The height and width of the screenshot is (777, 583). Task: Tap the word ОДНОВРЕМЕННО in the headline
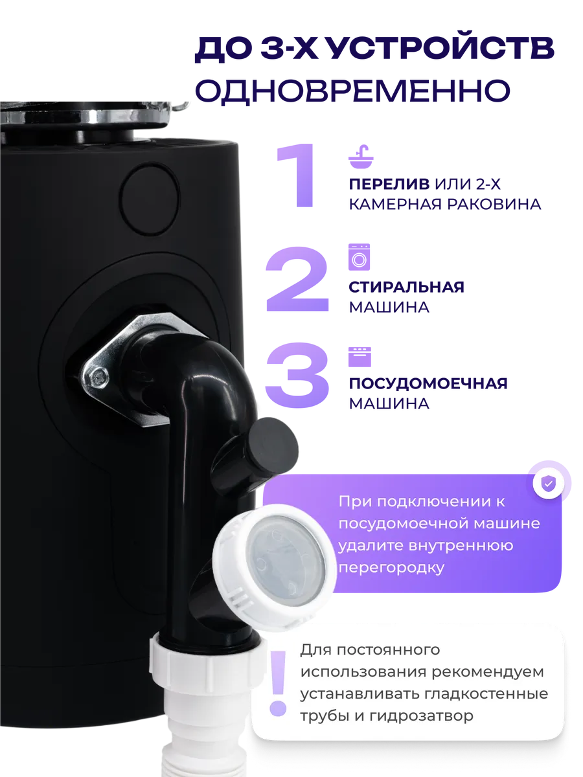[x=352, y=91]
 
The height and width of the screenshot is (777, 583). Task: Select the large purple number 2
[x=297, y=279]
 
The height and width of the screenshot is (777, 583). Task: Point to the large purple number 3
[x=297, y=375]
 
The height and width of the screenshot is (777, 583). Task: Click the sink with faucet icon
[x=361, y=157]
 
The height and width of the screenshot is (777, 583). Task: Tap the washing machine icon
[x=359, y=257]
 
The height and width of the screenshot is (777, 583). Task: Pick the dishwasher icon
[x=360, y=357]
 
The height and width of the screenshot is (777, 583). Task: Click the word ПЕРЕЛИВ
[x=389, y=184]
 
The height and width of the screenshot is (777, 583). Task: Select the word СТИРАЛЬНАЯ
[x=406, y=287]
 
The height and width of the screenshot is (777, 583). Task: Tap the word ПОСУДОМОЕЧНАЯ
[x=428, y=383]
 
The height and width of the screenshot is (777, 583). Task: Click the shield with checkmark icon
[x=548, y=483]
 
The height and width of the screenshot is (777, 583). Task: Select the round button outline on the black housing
[x=150, y=199]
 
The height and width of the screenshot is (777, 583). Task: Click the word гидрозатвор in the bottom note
[x=421, y=716]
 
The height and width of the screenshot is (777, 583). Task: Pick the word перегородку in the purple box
[x=391, y=568]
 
